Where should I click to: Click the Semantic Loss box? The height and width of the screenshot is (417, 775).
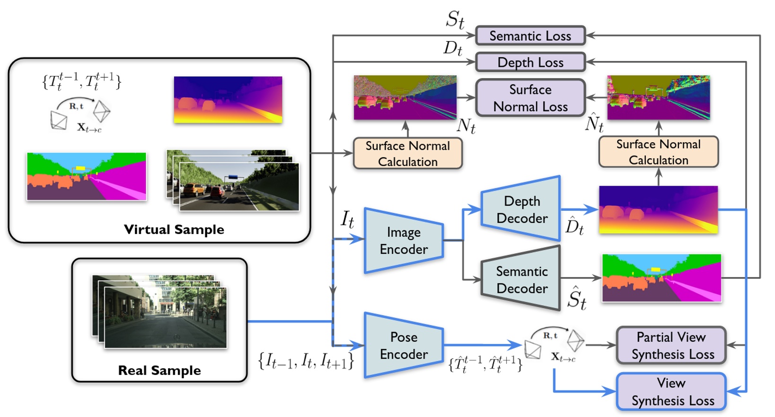(530, 36)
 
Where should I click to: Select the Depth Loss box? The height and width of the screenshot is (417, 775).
(530, 62)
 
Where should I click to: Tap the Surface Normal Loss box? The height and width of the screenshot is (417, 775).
(530, 98)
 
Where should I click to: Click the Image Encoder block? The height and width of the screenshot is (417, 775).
(403, 241)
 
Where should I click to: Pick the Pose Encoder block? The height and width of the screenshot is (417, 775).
(403, 345)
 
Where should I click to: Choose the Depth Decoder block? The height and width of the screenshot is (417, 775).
(521, 209)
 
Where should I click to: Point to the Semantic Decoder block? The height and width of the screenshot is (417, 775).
(521, 280)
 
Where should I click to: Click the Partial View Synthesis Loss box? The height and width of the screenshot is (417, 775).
(671, 345)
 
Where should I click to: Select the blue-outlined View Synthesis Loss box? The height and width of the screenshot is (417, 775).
(671, 392)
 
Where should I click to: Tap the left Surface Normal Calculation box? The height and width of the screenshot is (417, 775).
(407, 154)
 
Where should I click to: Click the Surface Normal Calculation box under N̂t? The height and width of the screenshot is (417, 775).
(658, 152)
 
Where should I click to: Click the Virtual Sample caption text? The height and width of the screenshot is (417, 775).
(174, 230)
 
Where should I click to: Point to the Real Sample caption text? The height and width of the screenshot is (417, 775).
(159, 371)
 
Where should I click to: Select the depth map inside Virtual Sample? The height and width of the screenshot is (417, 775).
(228, 100)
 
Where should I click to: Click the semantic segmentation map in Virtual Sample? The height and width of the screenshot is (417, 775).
(87, 176)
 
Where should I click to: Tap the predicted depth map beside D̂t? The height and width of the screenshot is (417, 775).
(658, 209)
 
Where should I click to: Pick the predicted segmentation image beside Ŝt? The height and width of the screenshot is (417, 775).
(661, 278)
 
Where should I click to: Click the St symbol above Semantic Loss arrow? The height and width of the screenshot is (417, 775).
(455, 20)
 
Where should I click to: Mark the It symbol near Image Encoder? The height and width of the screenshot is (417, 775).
(347, 219)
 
